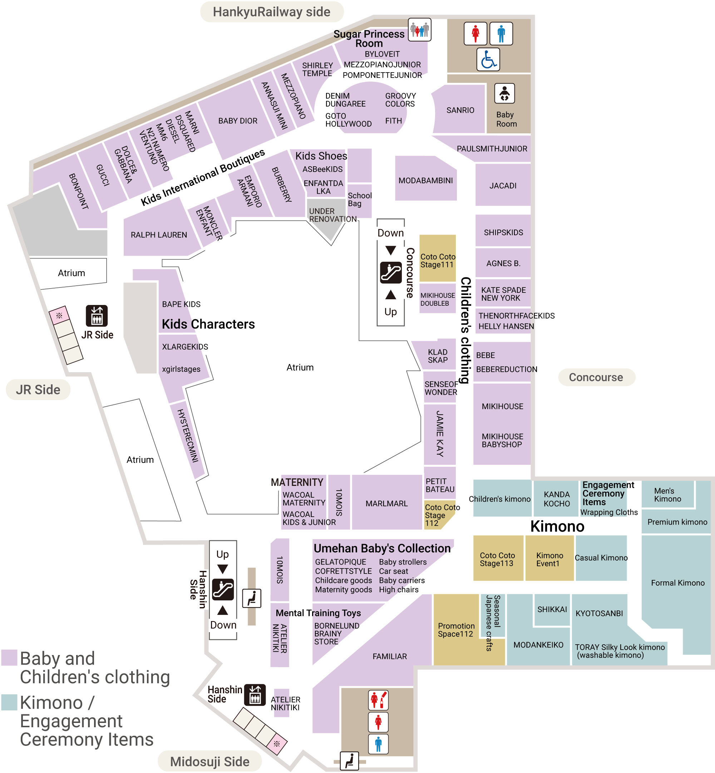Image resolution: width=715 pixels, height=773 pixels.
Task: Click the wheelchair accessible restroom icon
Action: pos(488,60)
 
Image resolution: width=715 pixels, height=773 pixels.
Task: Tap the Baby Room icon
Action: pos(504,94)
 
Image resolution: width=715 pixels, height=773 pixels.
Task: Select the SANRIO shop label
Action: pos(460,110)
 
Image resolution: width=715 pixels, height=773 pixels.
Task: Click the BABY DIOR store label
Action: pos(238,121)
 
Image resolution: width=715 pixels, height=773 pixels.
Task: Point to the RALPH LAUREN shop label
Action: pos(159,235)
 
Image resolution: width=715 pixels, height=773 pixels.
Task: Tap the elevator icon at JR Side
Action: pos(97,316)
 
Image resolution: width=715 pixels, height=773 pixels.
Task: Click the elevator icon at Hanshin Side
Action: pos(255,695)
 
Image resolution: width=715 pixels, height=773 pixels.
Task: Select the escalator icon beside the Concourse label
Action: pos(390,272)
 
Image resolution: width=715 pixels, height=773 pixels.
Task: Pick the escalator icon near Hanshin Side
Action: pos(223,590)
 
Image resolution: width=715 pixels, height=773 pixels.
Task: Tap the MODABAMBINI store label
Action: pos(425,180)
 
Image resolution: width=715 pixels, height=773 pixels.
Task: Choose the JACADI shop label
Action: pos(503,186)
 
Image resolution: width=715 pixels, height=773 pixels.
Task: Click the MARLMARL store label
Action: pos(386,503)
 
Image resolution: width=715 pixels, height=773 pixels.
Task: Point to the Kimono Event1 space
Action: pos(549,559)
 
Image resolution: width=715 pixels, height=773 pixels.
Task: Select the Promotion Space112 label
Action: pos(456,630)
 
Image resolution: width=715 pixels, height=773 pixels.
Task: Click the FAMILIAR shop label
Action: pos(390,656)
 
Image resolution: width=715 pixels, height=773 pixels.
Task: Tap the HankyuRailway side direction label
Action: pos(272,12)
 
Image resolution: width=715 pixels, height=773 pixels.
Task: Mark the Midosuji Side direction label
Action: pos(210,762)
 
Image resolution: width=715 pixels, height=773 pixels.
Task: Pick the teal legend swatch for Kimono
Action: pos(9,702)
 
